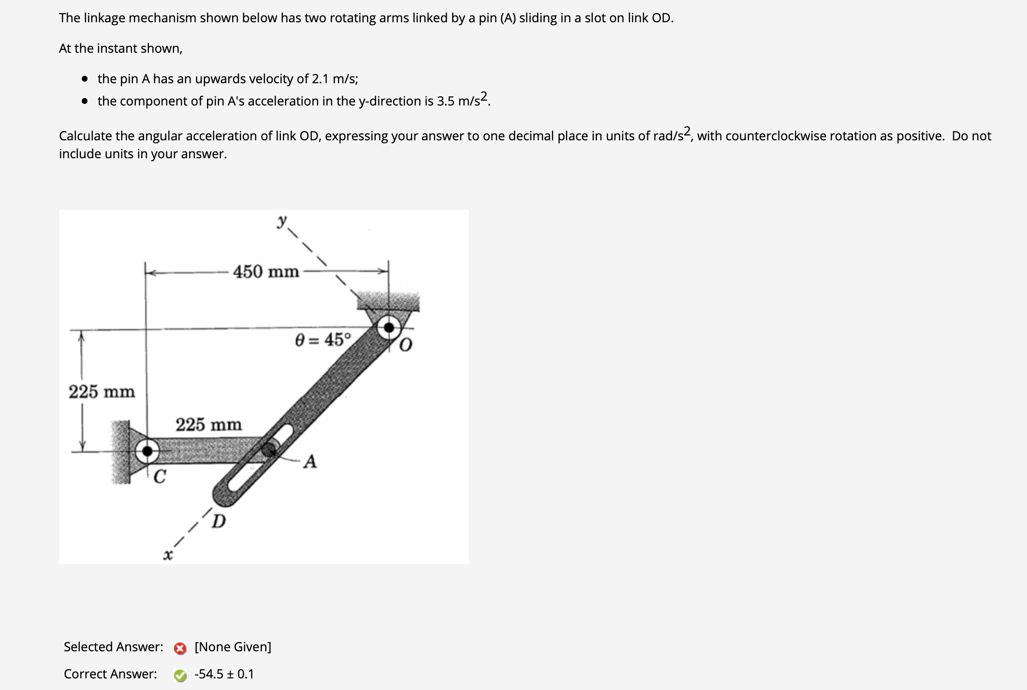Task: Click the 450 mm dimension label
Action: tap(266, 271)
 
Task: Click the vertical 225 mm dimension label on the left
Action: tap(102, 391)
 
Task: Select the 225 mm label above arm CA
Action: tap(208, 425)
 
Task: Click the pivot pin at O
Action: tap(389, 328)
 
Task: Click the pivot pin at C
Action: tap(147, 451)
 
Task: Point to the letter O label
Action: tap(405, 345)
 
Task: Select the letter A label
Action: tap(310, 462)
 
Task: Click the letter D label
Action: tap(219, 522)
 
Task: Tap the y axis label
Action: tap(282, 221)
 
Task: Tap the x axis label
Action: tap(167, 555)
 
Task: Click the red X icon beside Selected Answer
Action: tap(180, 648)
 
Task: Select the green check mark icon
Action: tap(180, 675)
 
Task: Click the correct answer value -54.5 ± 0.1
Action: tap(224, 674)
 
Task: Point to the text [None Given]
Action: tap(233, 647)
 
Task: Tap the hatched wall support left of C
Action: tap(120, 451)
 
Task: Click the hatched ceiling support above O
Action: tap(388, 301)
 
